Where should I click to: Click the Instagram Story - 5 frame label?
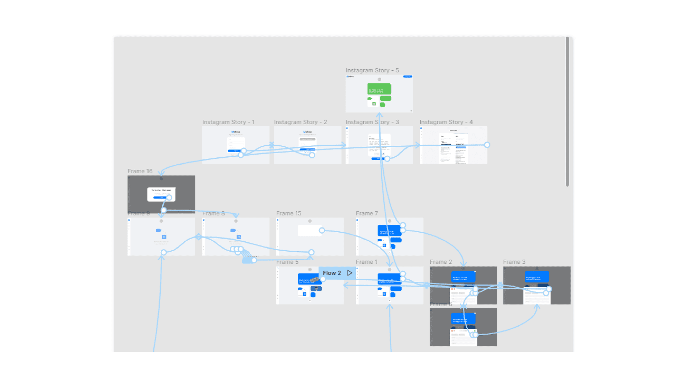[x=372, y=70]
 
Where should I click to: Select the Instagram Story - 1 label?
[x=228, y=122]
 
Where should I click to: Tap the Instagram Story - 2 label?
[x=300, y=122]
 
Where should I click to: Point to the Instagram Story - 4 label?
[x=446, y=122]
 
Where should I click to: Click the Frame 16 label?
[x=140, y=171]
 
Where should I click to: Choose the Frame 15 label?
[x=288, y=213]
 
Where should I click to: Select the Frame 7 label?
[x=367, y=213]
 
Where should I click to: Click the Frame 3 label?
[x=514, y=262]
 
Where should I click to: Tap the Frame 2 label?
[x=441, y=262]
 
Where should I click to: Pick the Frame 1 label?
[x=366, y=262]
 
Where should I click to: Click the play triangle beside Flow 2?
[x=350, y=273]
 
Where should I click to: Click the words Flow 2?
[x=332, y=273]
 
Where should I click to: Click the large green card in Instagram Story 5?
[x=379, y=89]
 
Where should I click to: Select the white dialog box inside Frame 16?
[x=161, y=194]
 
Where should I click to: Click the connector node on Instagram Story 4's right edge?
[x=487, y=145]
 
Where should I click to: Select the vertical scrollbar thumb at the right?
[x=567, y=112]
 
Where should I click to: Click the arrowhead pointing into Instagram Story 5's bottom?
[x=379, y=115]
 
